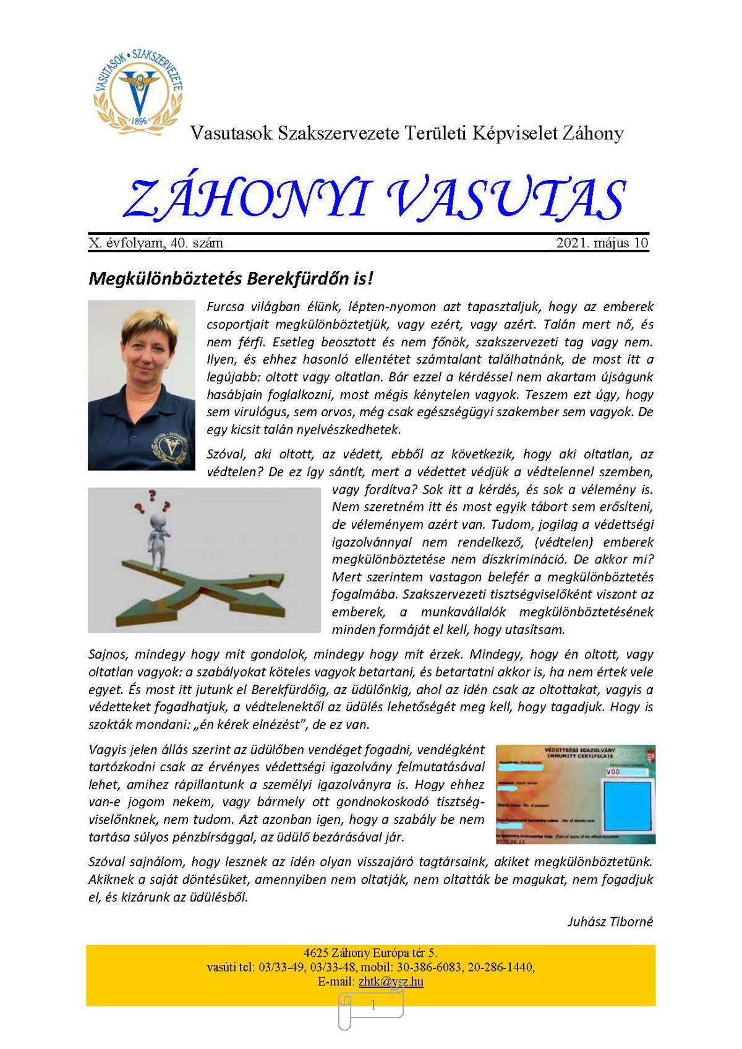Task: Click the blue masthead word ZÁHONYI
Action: point(245,199)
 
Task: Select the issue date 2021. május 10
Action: point(602,243)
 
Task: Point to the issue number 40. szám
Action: point(198,243)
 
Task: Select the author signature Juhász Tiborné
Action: point(610,922)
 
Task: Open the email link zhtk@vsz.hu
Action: point(391,982)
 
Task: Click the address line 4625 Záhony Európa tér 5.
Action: point(370,953)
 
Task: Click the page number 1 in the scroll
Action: point(373,1006)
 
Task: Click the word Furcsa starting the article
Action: point(226,307)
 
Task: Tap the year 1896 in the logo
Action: point(140,121)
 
